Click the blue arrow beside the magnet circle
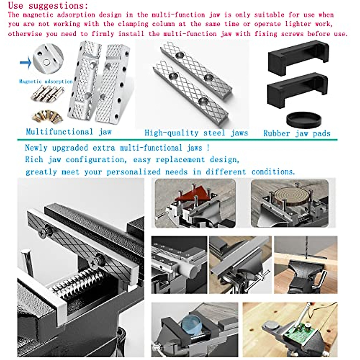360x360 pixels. coord(26,62)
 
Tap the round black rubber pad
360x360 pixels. coord(304,119)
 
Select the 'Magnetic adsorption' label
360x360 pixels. coord(46,81)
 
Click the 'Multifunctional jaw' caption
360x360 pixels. coord(69,132)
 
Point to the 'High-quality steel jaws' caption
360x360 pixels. coord(196,133)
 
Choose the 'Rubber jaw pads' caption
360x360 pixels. coord(297,133)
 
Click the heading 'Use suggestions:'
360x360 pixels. coord(48,5)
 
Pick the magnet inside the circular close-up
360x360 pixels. coord(46,62)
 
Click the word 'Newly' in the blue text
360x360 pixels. coord(36,148)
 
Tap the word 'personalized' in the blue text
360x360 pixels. coord(133,172)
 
